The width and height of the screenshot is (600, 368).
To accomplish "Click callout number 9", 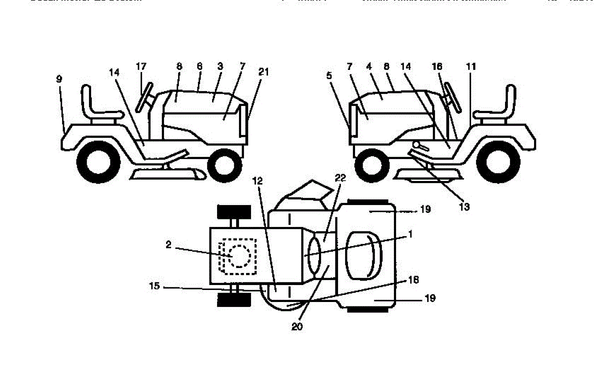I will click(x=59, y=78).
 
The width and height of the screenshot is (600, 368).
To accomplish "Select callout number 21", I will click(x=263, y=72).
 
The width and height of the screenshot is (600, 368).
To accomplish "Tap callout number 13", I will click(x=464, y=206).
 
